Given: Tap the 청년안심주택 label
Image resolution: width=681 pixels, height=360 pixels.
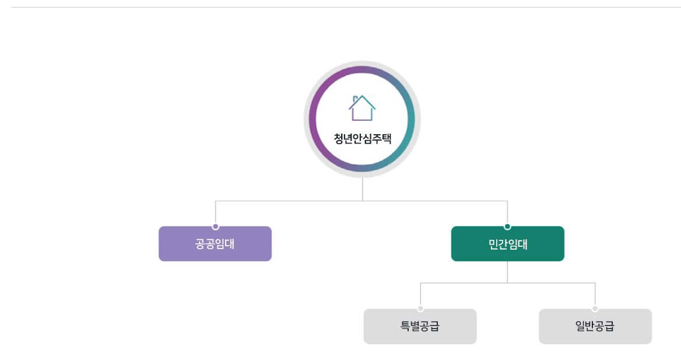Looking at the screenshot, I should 362,139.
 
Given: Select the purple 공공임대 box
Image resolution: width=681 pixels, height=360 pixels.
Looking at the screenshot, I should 215,244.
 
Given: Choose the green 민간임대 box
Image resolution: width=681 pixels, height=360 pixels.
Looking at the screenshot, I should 507,244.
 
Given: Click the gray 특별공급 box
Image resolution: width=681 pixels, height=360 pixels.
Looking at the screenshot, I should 420,326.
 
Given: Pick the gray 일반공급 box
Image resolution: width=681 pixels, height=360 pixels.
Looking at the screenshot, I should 595,326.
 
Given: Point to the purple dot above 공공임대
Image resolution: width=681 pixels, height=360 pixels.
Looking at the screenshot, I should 215,226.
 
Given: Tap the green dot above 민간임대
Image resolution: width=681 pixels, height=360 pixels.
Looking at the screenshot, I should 507,226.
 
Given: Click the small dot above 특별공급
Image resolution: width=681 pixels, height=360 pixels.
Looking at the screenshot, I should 420,309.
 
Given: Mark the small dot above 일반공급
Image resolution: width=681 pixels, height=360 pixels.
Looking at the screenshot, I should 595,309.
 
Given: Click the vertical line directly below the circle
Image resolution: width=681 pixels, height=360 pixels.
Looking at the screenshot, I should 363,190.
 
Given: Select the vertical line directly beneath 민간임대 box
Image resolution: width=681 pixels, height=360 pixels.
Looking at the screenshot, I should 507,272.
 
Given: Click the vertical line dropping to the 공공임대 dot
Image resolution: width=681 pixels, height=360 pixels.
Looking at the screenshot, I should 216,212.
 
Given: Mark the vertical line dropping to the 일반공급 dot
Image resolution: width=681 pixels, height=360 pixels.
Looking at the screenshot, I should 595,295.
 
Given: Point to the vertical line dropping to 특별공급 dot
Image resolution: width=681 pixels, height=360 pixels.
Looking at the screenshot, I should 420,295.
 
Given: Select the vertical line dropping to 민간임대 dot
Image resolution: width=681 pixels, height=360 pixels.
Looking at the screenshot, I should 507,212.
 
